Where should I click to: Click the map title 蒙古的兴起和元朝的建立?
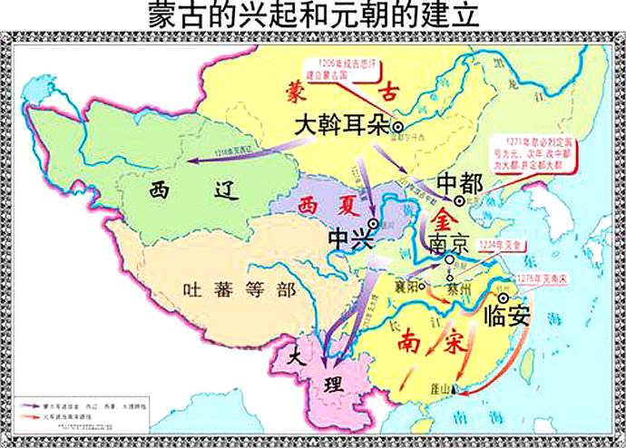313,15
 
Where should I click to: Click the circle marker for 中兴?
373,223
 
